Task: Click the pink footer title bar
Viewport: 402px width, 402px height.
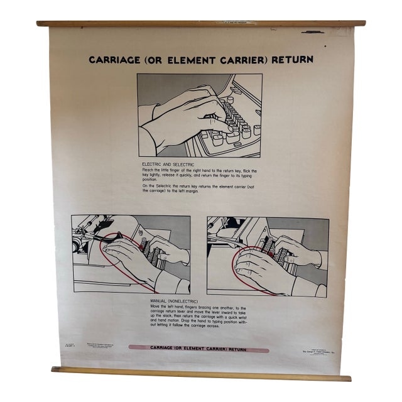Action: coord(198,348)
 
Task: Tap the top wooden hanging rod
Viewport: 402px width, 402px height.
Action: coord(201,23)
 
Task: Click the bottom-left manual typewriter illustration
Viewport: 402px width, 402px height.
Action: coord(131,254)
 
